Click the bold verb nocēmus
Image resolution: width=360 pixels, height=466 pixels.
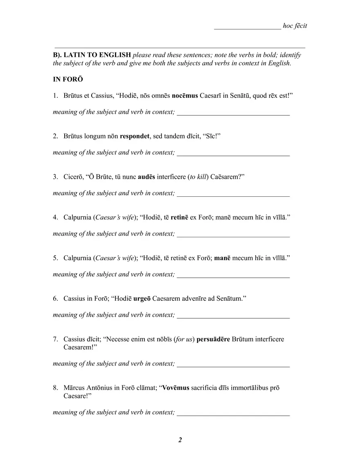[185, 96]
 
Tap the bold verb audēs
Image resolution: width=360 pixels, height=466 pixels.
[147, 177]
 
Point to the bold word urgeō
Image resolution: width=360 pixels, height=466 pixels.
[142, 299]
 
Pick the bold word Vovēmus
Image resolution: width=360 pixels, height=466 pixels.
[176, 388]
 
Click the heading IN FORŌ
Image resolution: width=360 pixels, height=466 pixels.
[67, 79]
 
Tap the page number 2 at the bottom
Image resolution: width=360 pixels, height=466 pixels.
[180, 440]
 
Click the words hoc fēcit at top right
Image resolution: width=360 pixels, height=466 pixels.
[295, 26]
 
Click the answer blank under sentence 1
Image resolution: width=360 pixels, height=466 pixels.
[233, 114]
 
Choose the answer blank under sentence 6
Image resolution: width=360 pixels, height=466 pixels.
[233, 317]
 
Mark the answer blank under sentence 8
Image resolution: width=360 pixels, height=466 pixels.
[233, 414]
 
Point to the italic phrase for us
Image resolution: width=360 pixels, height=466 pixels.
[184, 339]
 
